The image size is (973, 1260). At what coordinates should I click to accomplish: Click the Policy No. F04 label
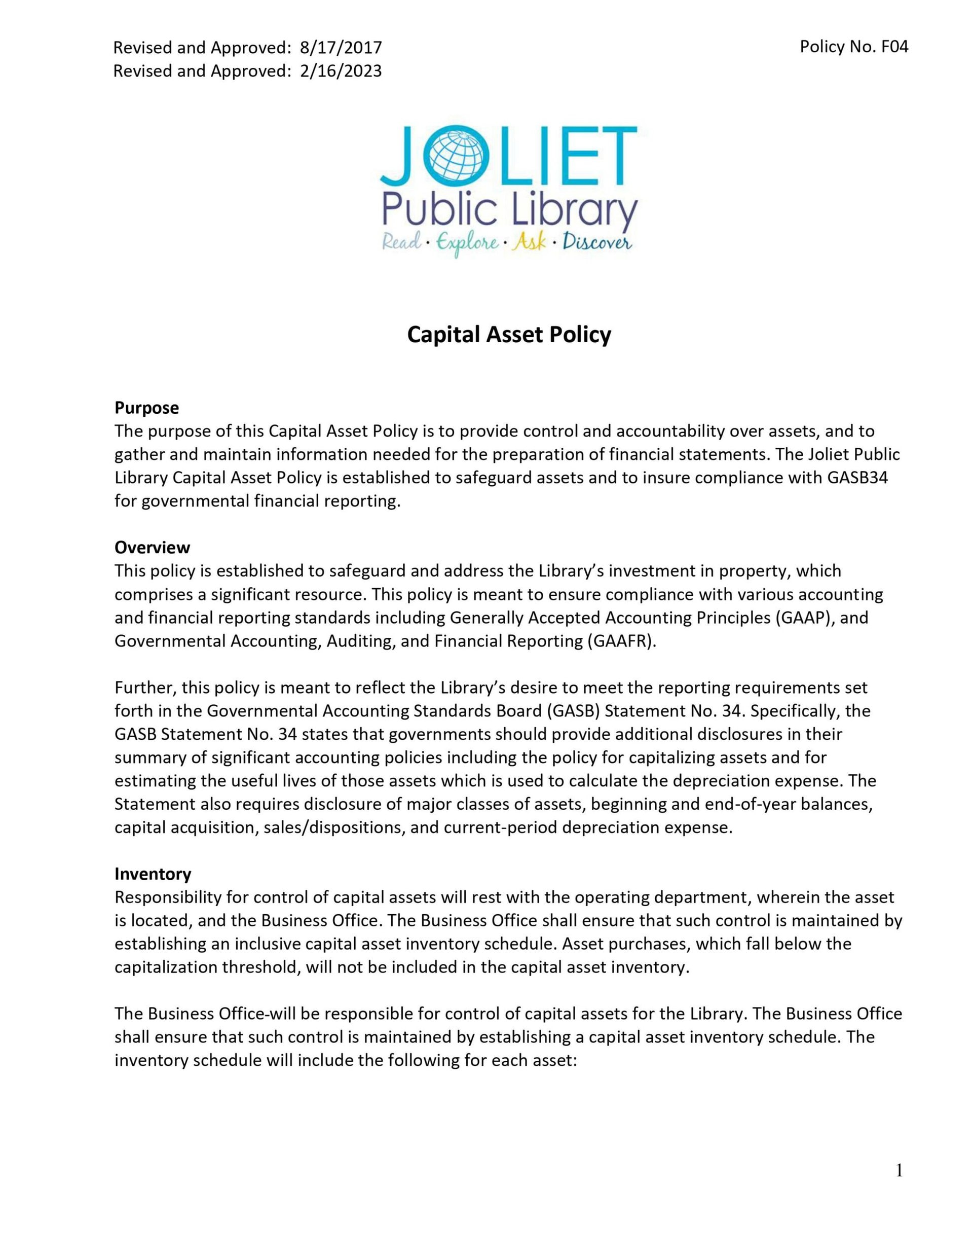coord(853,47)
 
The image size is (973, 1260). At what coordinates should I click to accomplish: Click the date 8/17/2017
coord(340,47)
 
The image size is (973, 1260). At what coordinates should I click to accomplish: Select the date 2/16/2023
coord(340,71)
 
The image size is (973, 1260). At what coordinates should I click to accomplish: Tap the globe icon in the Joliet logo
coord(454,153)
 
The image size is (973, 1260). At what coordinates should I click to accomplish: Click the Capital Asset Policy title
coord(509,335)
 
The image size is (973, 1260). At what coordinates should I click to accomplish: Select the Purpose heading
coord(146,408)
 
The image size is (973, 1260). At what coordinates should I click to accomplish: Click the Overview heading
coord(152,547)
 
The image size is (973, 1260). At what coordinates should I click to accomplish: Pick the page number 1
coord(899,1171)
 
